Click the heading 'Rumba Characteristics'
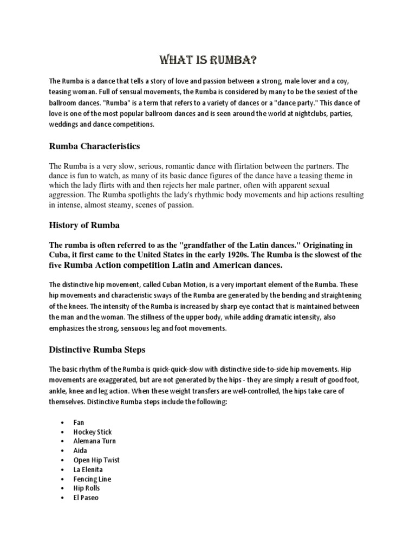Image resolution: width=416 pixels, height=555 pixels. [x=95, y=146]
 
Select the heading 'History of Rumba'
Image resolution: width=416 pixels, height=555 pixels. [x=84, y=225]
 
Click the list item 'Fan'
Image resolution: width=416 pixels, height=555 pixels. [x=79, y=422]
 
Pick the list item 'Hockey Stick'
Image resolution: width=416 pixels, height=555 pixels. [x=93, y=432]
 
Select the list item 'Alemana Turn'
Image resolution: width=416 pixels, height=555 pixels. [x=95, y=441]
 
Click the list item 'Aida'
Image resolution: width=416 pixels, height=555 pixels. [x=80, y=450]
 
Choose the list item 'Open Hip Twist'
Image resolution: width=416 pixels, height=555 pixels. [x=96, y=460]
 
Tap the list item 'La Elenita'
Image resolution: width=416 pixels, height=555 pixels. [x=88, y=469]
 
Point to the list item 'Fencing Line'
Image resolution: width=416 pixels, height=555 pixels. [x=93, y=479]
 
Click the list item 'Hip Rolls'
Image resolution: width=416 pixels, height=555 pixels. [x=87, y=488]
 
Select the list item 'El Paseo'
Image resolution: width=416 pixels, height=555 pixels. [x=86, y=498]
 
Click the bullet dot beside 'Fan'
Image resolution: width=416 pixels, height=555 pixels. [x=63, y=423]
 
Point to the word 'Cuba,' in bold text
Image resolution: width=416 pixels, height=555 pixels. [x=60, y=255]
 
